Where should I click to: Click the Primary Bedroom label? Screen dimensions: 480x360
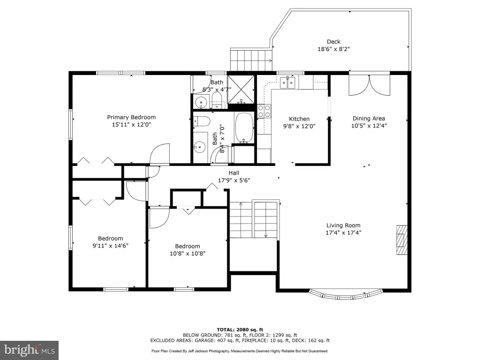[x=131, y=117]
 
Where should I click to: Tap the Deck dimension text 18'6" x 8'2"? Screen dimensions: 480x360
[x=334, y=49]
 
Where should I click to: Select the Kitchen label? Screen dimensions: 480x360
[x=300, y=119]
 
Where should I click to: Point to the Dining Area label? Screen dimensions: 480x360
[x=369, y=119]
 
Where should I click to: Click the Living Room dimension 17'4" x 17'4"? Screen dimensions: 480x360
[x=344, y=232]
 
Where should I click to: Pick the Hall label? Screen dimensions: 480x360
[x=234, y=173]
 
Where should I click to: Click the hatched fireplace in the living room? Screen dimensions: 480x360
[x=402, y=240]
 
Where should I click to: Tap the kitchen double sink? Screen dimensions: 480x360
[x=287, y=82]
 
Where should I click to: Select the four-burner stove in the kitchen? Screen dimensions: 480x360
[x=264, y=111]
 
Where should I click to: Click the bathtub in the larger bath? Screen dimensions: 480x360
[x=244, y=128]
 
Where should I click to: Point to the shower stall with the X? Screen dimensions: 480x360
[x=241, y=89]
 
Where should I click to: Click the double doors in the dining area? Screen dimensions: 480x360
[x=369, y=85]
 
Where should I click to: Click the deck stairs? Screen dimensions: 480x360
[x=251, y=60]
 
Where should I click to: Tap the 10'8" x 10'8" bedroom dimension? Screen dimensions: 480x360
[x=187, y=254]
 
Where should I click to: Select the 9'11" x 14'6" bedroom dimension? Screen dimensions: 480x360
[x=111, y=246]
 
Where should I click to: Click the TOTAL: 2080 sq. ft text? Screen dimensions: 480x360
[x=240, y=330]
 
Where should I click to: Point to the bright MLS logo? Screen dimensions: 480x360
[x=30, y=350]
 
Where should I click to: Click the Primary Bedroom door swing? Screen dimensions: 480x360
[x=159, y=154]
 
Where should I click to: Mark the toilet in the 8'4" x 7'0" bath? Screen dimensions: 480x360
[x=202, y=121]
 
